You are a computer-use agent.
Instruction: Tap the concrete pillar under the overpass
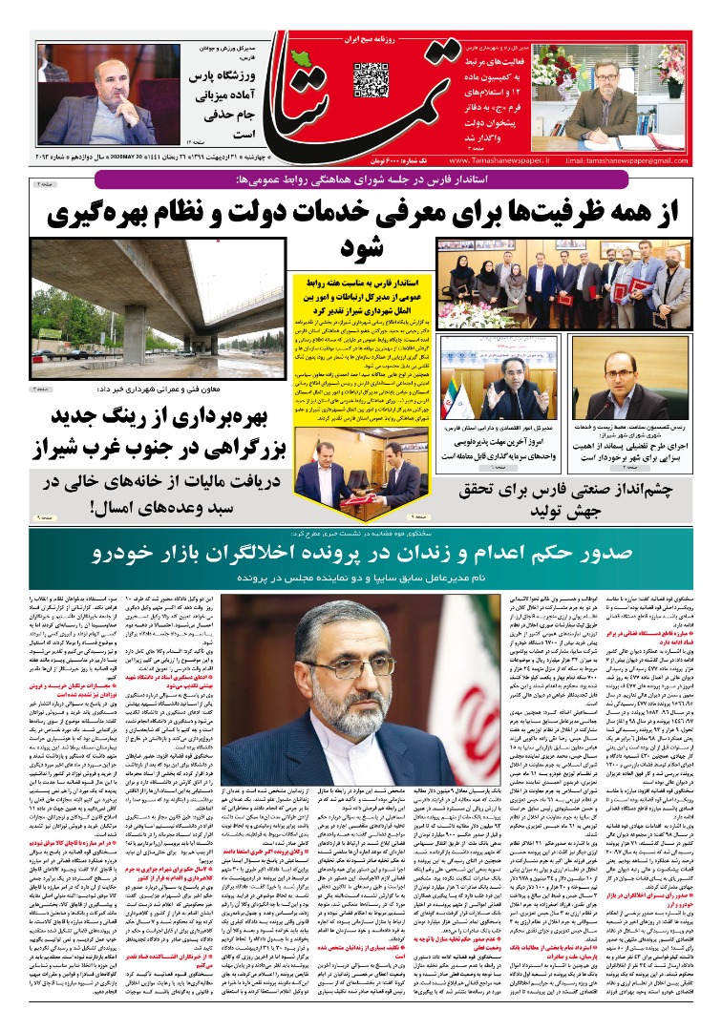pos(135,336)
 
